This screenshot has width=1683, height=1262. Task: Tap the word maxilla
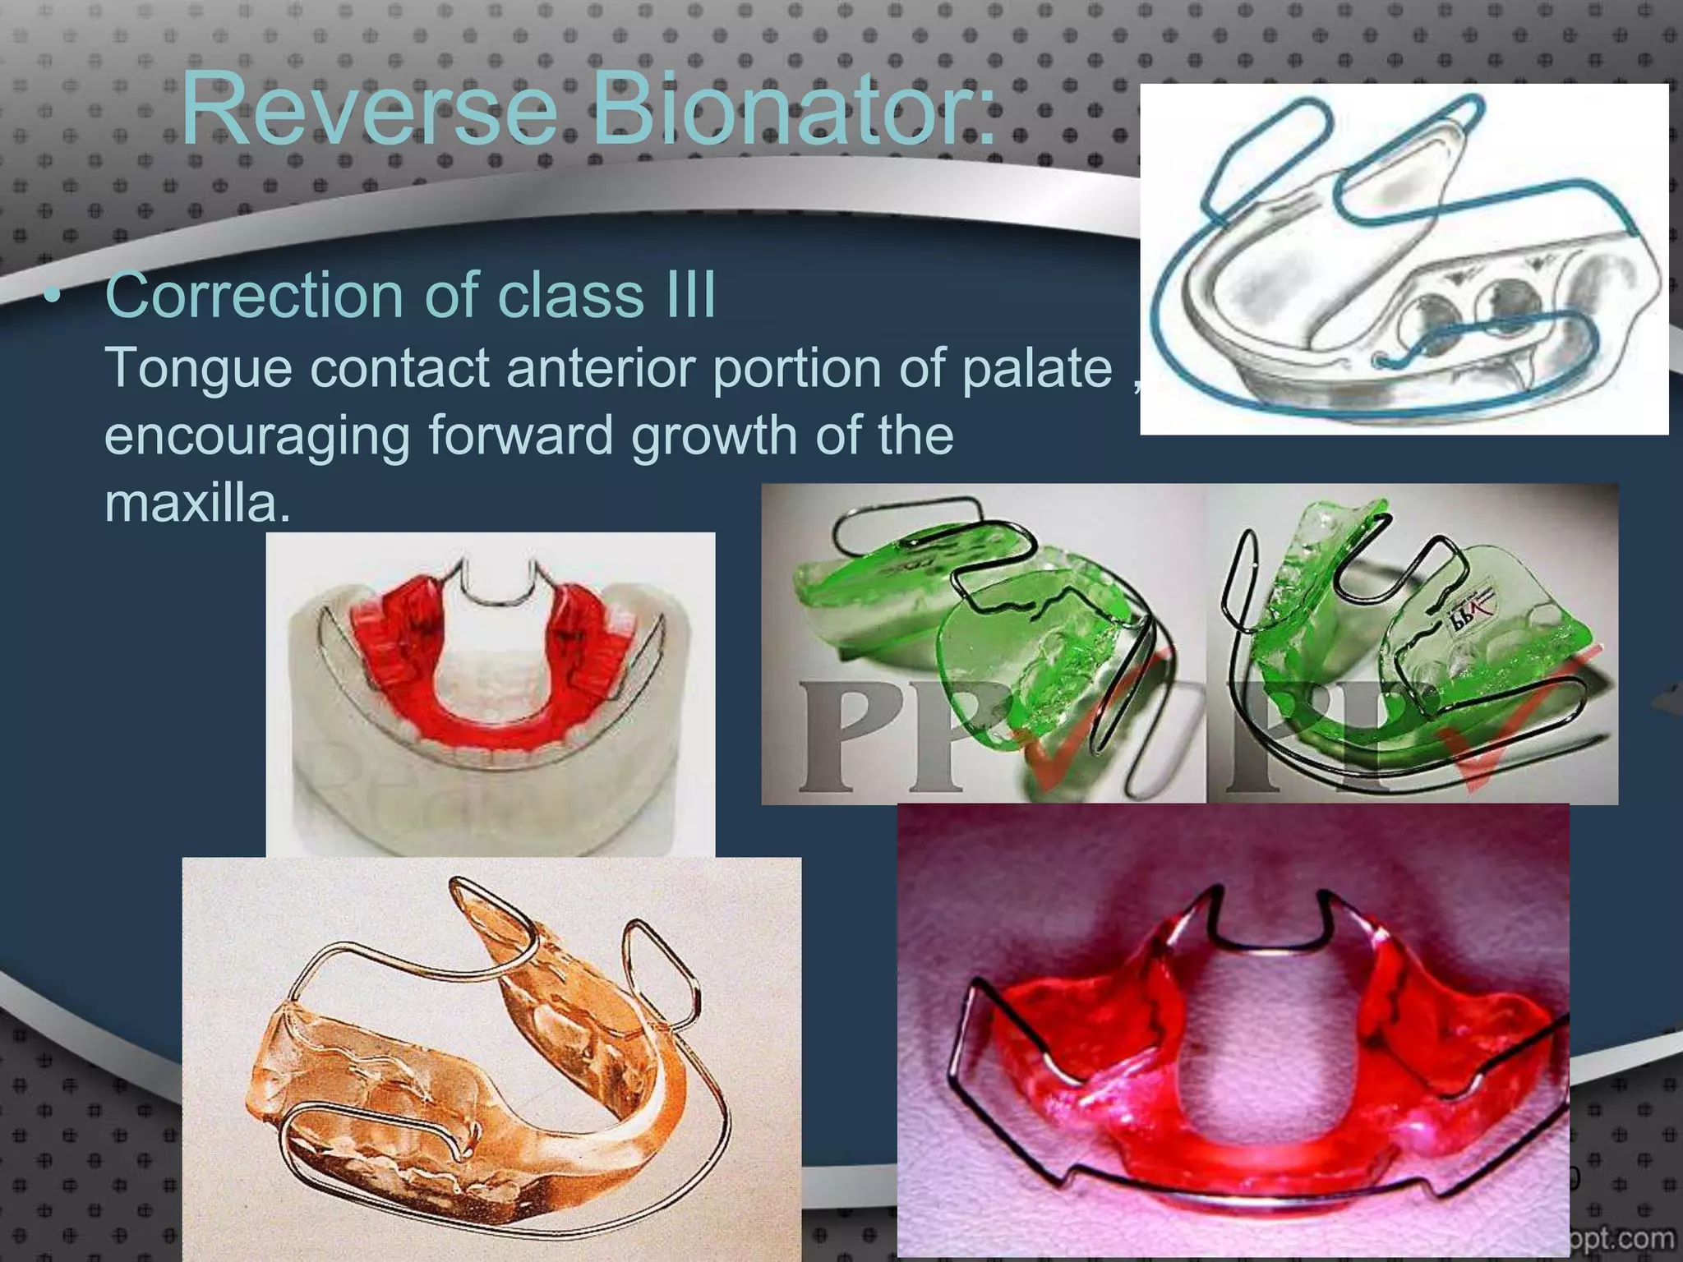197,503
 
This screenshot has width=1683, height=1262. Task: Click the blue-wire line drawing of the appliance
1404,259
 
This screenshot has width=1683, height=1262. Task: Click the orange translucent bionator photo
491,1060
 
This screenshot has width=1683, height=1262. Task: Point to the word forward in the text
521,435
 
